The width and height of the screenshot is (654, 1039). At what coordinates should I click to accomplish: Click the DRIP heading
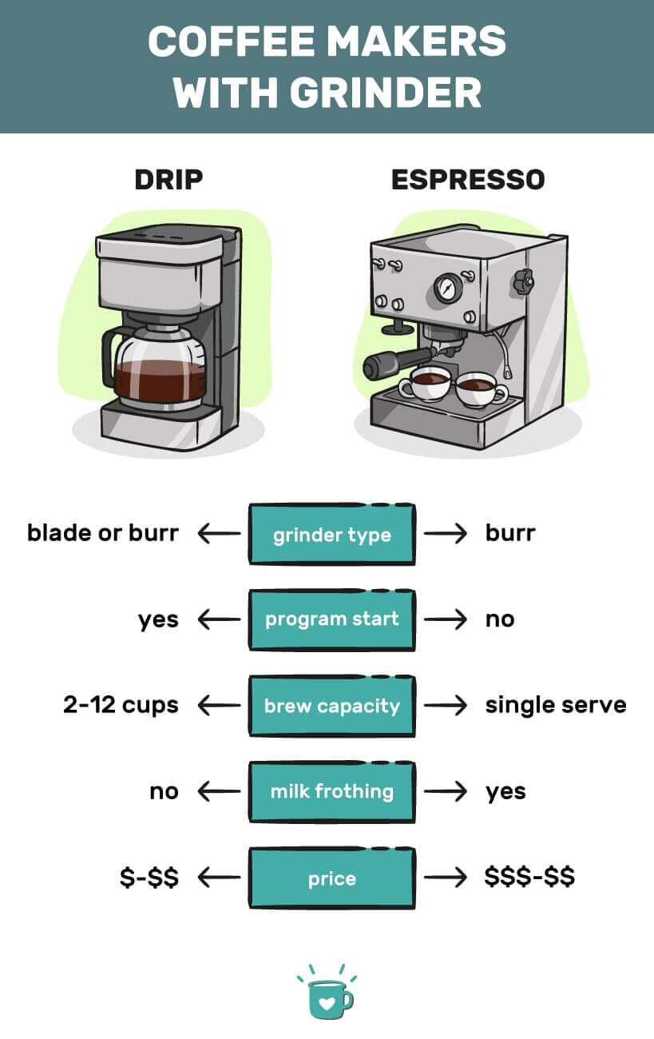[168, 179]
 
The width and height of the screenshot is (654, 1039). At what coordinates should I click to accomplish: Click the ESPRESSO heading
[468, 179]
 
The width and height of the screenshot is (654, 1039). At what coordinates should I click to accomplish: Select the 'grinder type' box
[331, 534]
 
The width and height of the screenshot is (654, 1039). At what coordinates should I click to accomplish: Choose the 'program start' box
[331, 620]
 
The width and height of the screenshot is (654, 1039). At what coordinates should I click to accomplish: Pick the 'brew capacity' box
[331, 707]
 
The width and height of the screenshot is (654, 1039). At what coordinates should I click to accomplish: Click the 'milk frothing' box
[331, 792]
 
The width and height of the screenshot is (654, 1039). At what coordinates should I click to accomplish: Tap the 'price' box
[331, 878]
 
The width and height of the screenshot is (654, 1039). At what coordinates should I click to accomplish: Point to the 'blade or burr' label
[102, 533]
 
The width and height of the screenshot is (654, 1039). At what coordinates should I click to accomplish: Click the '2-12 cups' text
[121, 706]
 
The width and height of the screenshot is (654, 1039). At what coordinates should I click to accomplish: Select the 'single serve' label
[555, 706]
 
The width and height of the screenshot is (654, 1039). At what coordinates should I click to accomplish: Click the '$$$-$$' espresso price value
[529, 878]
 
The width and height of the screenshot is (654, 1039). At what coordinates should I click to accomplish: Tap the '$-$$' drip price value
[149, 878]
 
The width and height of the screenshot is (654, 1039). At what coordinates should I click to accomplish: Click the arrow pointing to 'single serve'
[445, 706]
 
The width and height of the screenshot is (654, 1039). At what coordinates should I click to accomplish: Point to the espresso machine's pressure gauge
[448, 287]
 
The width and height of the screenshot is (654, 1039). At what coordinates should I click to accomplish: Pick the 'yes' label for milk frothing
[505, 792]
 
